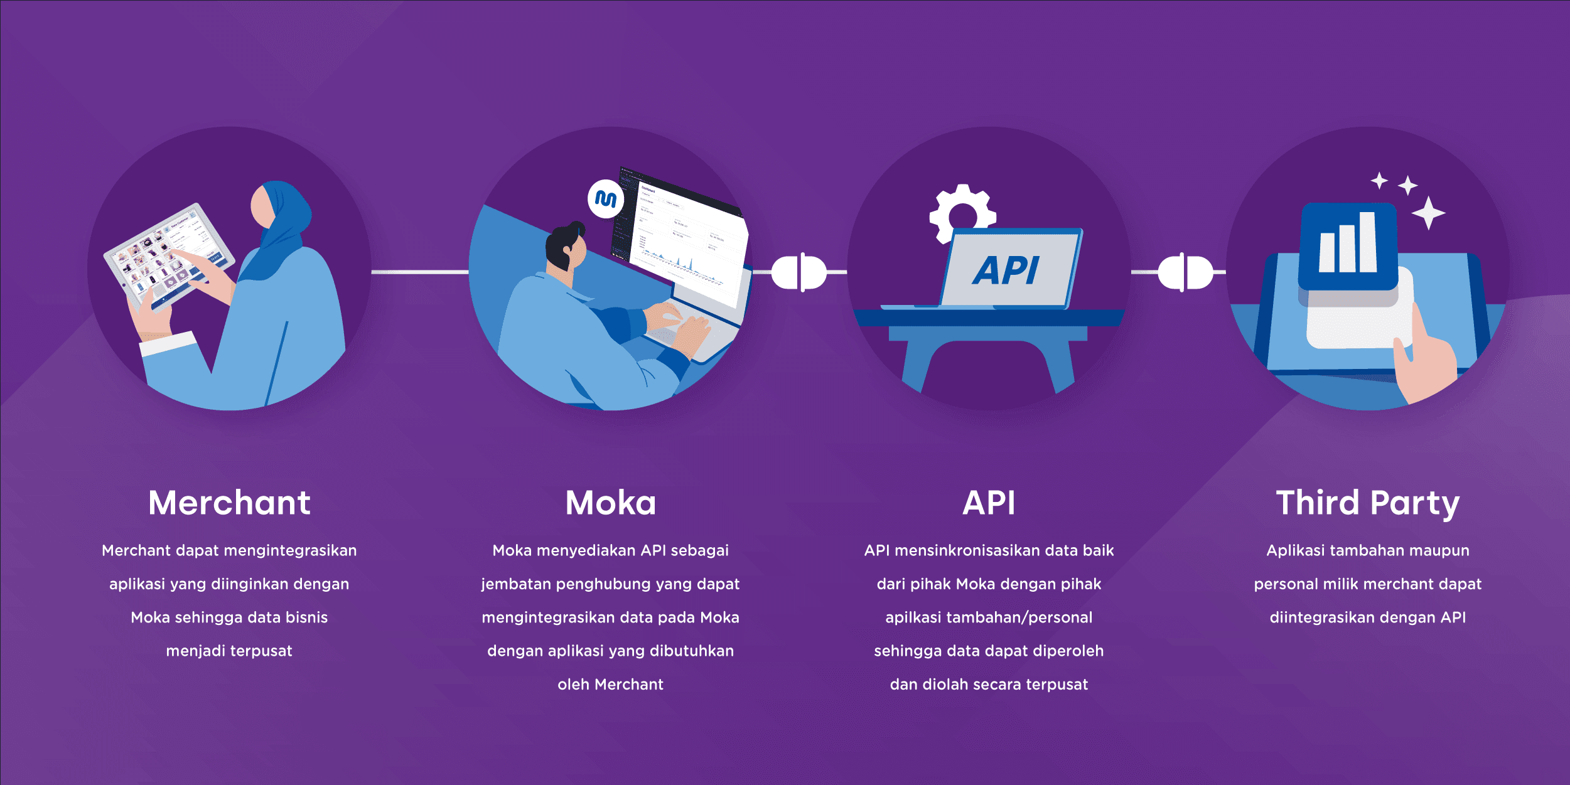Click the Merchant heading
click(229, 503)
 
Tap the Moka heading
click(610, 503)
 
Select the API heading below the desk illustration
click(989, 503)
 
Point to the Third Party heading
click(1367, 503)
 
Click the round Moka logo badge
click(606, 199)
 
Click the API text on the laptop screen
click(1006, 271)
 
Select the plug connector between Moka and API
click(799, 272)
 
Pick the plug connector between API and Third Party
click(1185, 272)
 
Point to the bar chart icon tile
click(1348, 245)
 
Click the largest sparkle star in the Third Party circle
click(1429, 213)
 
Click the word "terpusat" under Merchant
click(263, 651)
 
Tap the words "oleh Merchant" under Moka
click(610, 685)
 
